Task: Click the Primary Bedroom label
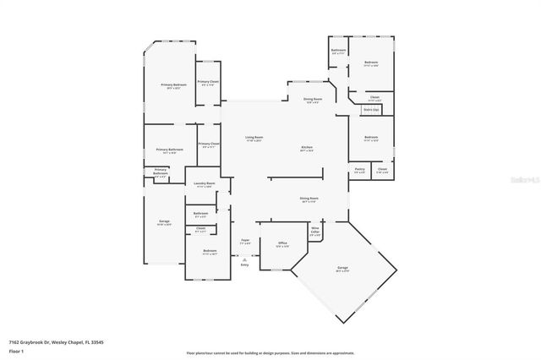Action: pyautogui.click(x=174, y=85)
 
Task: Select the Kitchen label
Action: pyautogui.click(x=307, y=150)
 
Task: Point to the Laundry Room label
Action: pyautogui.click(x=204, y=184)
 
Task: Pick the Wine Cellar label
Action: pyautogui.click(x=314, y=229)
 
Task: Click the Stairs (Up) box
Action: pyautogui.click(x=370, y=110)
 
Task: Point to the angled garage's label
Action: pyautogui.click(x=342, y=270)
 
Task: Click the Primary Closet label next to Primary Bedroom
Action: pyautogui.click(x=209, y=83)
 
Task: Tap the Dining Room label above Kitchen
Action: pyautogui.click(x=312, y=101)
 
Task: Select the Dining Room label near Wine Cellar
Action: pyautogui.click(x=308, y=200)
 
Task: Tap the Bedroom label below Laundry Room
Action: pyautogui.click(x=210, y=252)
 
